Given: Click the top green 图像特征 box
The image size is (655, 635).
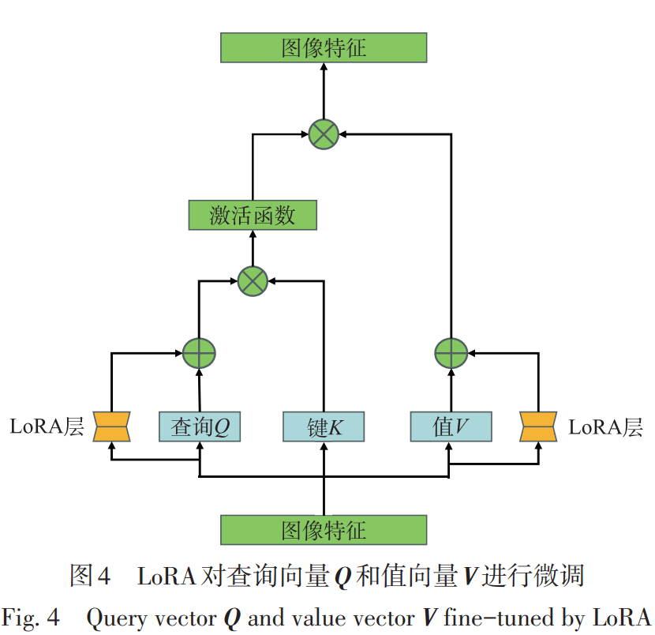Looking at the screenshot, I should click(x=324, y=47).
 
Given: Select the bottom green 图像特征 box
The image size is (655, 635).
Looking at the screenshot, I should click(x=324, y=530).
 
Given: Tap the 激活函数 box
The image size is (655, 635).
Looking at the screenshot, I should click(x=253, y=216).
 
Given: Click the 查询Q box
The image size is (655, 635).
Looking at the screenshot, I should click(x=200, y=427).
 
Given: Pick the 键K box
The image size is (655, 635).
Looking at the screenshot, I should click(x=324, y=427).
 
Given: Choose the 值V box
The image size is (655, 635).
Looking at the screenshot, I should click(x=451, y=427).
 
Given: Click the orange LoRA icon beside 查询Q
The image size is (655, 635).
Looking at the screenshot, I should click(x=111, y=426).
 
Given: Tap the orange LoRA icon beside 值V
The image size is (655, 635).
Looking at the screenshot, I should click(x=539, y=426).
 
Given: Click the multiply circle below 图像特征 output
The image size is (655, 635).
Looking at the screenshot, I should click(x=324, y=133).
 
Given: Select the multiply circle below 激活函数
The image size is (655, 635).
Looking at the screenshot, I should click(x=253, y=279).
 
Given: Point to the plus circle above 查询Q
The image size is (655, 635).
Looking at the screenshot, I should click(x=199, y=353).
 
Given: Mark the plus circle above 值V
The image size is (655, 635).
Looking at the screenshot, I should click(x=451, y=353).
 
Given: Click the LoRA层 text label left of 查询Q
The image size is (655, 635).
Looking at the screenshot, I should click(x=47, y=427).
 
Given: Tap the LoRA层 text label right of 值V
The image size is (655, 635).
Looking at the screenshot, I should click(x=605, y=427).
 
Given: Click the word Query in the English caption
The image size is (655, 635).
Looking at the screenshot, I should click(x=112, y=617).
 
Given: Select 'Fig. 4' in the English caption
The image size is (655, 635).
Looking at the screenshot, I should click(x=32, y=617).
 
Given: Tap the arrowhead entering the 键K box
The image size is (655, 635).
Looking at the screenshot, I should click(x=324, y=447).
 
